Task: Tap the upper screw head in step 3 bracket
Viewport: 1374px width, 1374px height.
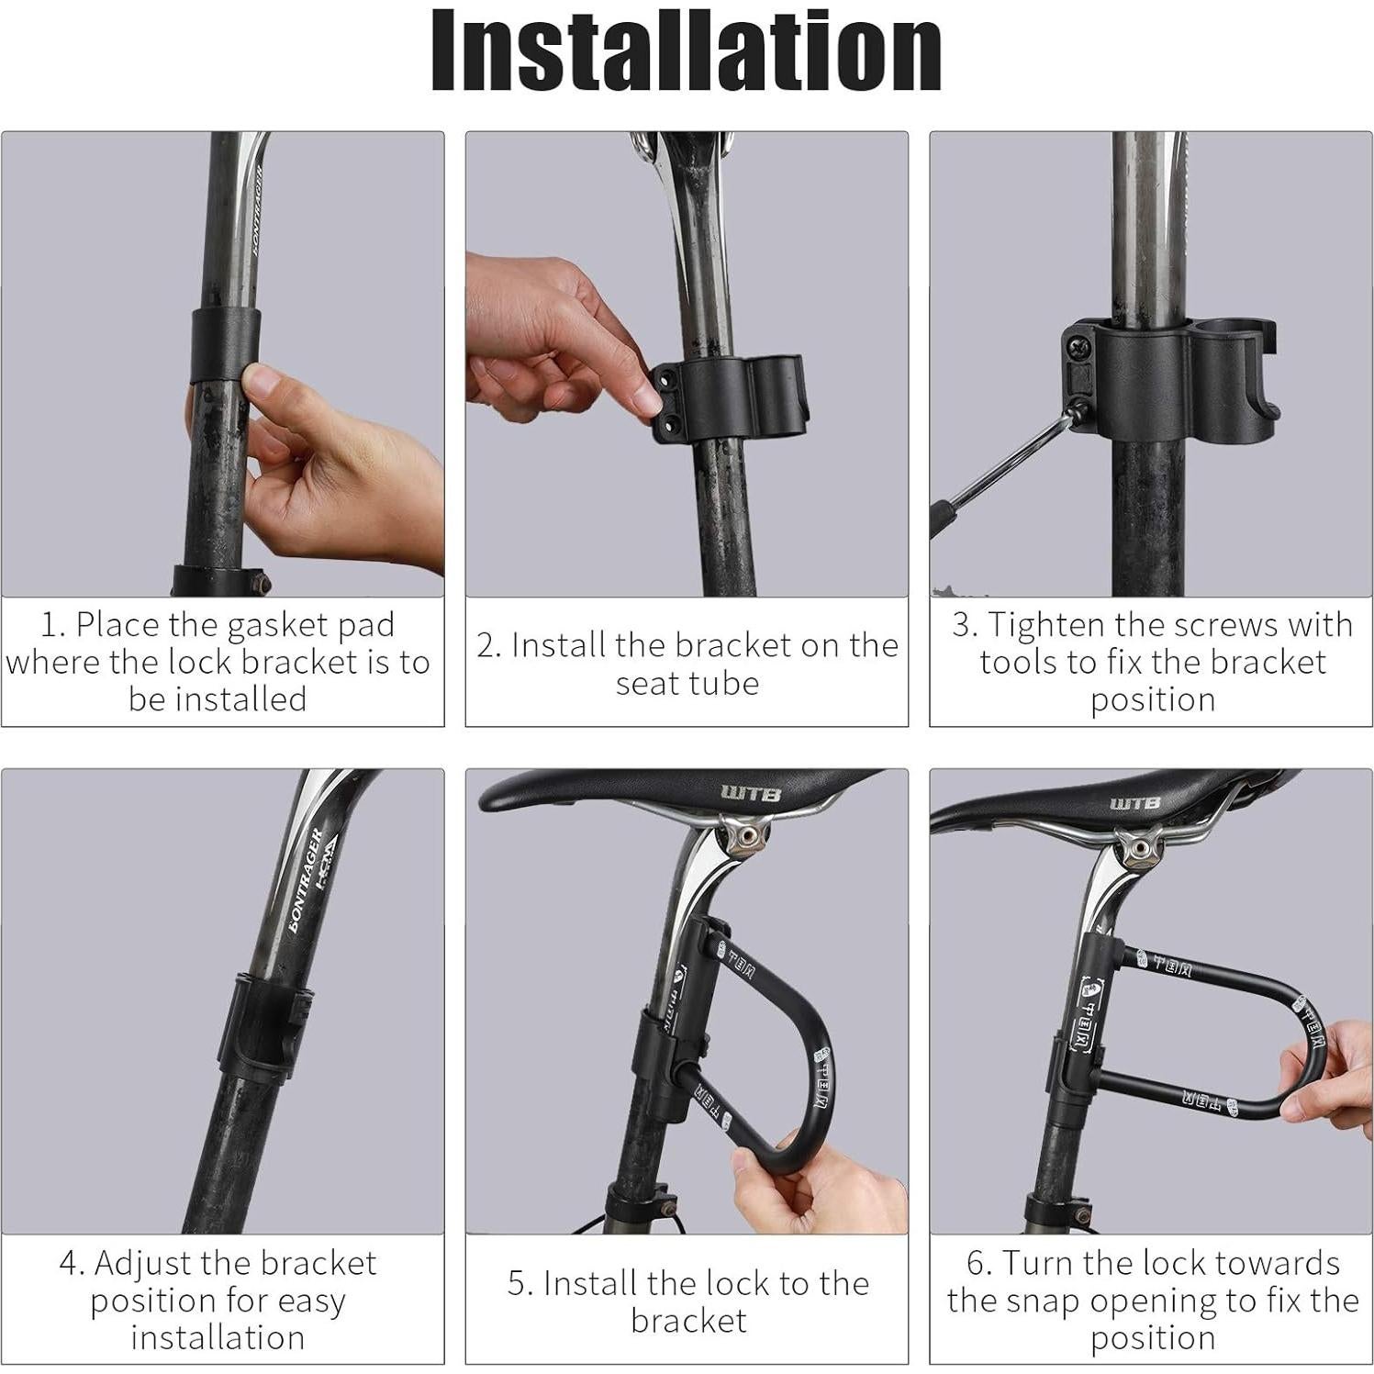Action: point(1076,346)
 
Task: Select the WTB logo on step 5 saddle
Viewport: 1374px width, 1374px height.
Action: point(751,792)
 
